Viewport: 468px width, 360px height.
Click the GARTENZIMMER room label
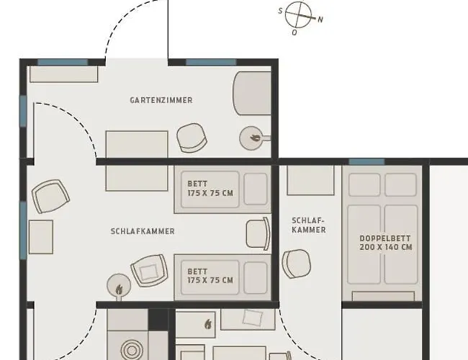[x=161, y=100]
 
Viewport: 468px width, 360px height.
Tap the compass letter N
[x=320, y=20]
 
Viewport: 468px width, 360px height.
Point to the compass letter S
[x=280, y=11]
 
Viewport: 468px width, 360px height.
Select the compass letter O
[x=294, y=32]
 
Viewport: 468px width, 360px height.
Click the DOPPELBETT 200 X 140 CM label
[x=386, y=243]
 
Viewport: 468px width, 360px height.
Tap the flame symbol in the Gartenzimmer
[x=255, y=138]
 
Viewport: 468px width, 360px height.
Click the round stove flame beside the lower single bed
[x=119, y=289]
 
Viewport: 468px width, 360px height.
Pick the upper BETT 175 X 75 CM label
[x=210, y=189]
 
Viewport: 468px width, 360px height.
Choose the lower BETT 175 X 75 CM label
[x=210, y=276]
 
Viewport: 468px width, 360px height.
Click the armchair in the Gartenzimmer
[x=192, y=138]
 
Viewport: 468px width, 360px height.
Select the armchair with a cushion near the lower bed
[x=149, y=271]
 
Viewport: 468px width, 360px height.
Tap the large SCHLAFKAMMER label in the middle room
[x=143, y=231]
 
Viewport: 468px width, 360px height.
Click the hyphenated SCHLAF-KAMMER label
[x=308, y=225]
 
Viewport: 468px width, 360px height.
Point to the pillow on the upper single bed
[x=256, y=189]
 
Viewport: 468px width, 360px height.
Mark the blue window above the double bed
[x=366, y=162]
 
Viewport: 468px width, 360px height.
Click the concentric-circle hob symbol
[x=131, y=351]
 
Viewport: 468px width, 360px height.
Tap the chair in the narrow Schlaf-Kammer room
[x=297, y=264]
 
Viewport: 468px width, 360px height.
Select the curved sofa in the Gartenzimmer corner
[x=252, y=93]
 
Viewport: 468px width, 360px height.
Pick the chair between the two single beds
[x=258, y=234]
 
